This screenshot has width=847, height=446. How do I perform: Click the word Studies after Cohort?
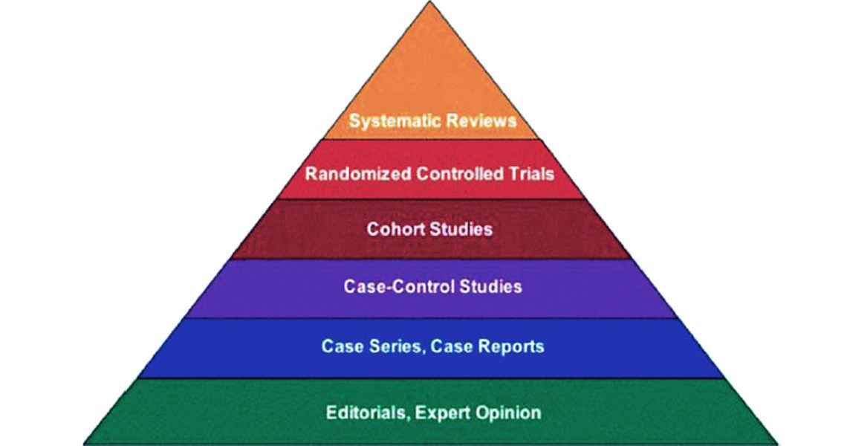tap(461, 228)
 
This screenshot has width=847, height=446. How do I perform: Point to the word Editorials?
tap(365, 412)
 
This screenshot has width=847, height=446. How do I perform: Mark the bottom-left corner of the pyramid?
tap(84, 444)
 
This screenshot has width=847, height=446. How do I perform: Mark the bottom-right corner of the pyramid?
tap(778, 444)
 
